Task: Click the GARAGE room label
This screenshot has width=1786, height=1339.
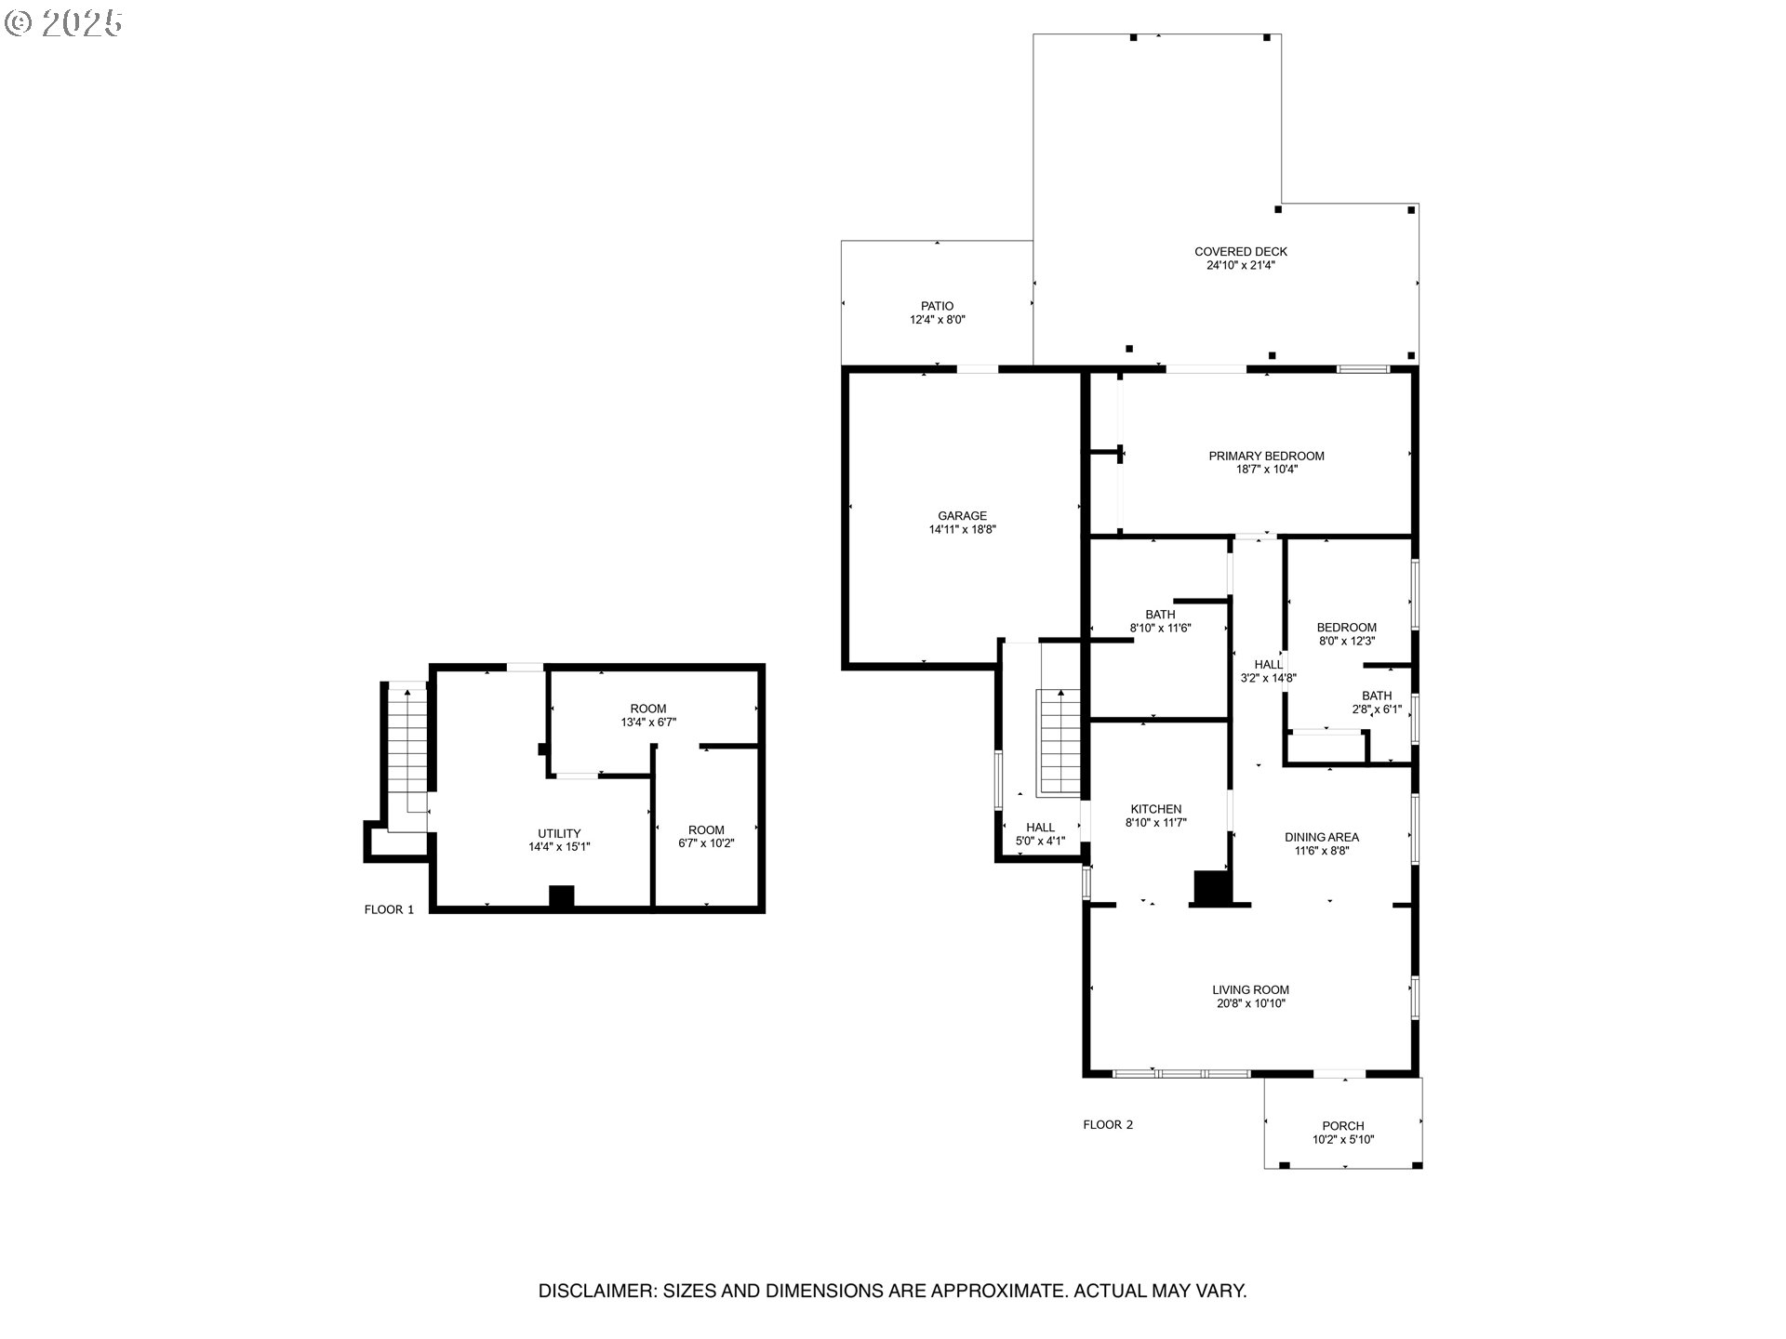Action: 962,516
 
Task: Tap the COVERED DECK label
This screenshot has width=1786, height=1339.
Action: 1240,252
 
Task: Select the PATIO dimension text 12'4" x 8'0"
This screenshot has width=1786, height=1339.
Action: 937,320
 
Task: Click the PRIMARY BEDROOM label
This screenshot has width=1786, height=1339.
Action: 1266,456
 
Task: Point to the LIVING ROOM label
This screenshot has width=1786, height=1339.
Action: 1250,990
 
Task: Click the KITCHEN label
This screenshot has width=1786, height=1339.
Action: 1155,809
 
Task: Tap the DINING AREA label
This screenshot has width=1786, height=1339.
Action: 1321,837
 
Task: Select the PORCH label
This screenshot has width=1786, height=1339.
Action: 1342,1126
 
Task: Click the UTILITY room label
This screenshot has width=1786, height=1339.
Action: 559,833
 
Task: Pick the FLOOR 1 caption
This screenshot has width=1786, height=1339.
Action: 389,909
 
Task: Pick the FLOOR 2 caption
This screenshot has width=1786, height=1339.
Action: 1107,1124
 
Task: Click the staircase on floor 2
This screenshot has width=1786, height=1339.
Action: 1060,744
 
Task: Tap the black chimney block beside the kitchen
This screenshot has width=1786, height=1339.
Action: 1210,888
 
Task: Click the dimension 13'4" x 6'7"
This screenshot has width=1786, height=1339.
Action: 648,722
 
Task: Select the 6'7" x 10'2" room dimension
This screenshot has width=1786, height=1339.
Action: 706,843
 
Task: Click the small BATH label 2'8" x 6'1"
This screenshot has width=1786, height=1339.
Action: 1377,696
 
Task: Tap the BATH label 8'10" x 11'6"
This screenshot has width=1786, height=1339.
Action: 1160,615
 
